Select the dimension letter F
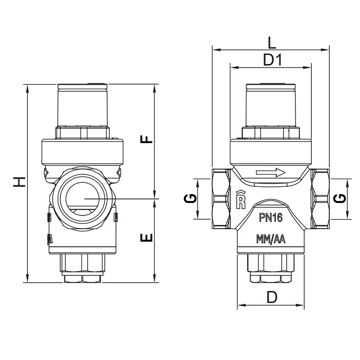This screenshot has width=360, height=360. coord(146,139)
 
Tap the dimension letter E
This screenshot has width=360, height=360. coord(146,238)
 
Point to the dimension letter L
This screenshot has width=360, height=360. coord(272,42)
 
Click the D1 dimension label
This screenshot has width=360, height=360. coord(272,60)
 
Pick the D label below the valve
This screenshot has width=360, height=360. coord(272,297)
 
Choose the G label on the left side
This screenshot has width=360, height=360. coord(190,198)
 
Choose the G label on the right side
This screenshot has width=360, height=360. coord(340,198)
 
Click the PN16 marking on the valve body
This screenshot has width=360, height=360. coord(271,217)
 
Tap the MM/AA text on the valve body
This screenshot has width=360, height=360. coord(271,239)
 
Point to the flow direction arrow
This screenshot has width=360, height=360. coord(271,172)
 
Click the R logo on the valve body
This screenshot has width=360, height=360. coord(241,200)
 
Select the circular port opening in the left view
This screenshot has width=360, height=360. coord(82,198)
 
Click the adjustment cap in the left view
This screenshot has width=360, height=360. coord(82,105)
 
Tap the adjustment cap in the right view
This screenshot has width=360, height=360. coord(271,105)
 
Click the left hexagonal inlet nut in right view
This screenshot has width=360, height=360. coord(221,198)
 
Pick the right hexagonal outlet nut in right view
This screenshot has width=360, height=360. coord(320,198)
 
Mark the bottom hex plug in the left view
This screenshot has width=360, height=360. coord(82,268)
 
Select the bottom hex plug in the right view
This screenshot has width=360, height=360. coord(271,268)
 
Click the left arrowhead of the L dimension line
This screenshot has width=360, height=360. coord(216,49)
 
